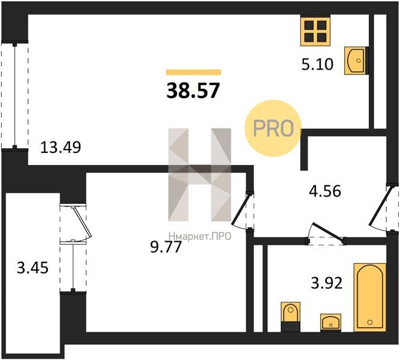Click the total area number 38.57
pyautogui.click(x=193, y=91)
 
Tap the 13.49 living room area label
pyautogui.click(x=61, y=147)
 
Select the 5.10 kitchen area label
pyautogui.click(x=317, y=64)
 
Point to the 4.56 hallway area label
pyautogui.click(x=325, y=191)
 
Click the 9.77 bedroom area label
pyautogui.click(x=166, y=247)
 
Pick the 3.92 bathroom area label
pyautogui.click(x=327, y=283)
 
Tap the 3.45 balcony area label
pyautogui.click(x=32, y=268)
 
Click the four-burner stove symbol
pyautogui.click(x=315, y=31)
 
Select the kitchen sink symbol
pyautogui.click(x=356, y=61)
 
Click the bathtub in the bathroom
pyautogui.click(x=370, y=298)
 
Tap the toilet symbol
pyautogui.click(x=290, y=317)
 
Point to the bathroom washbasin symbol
pyautogui.click(x=330, y=323)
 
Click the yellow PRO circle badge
pyautogui.click(x=273, y=128)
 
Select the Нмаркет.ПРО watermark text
pyautogui.click(x=200, y=236)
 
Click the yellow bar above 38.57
pyautogui.click(x=193, y=73)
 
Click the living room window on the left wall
pyautogui.click(x=15, y=96)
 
